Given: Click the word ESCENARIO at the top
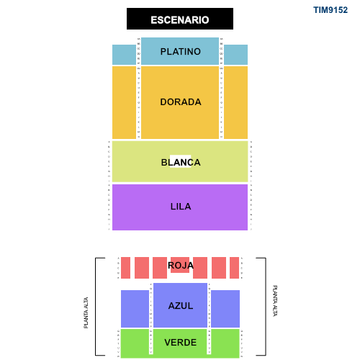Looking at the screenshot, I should tap(180, 20).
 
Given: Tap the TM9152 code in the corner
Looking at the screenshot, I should tap(330, 10).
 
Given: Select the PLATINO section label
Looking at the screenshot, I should tap(181, 52).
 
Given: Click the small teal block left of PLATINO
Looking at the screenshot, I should tap(124, 55).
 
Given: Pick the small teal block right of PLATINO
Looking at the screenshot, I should tap(235, 55).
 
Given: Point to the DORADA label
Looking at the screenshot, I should tap(181, 102).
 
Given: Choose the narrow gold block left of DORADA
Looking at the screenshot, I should tap(124, 102).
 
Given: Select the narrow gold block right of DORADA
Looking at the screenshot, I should tap(235, 102).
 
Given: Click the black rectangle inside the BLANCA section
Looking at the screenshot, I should tap(180, 161).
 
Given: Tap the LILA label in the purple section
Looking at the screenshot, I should tap(181, 207).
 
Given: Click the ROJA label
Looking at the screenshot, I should tap(181, 266).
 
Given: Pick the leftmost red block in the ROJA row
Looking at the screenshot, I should tap(125, 268).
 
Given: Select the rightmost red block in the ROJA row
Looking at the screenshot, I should tap(234, 268).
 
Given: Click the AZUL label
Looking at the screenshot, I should tap(181, 305).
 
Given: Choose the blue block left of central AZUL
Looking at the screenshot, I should tap(135, 309).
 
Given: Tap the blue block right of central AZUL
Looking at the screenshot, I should tap(225, 309).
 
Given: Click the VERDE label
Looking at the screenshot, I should tap(180, 343).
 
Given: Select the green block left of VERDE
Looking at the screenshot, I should tap(134, 343).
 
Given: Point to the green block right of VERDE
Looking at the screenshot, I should tap(225, 343).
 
